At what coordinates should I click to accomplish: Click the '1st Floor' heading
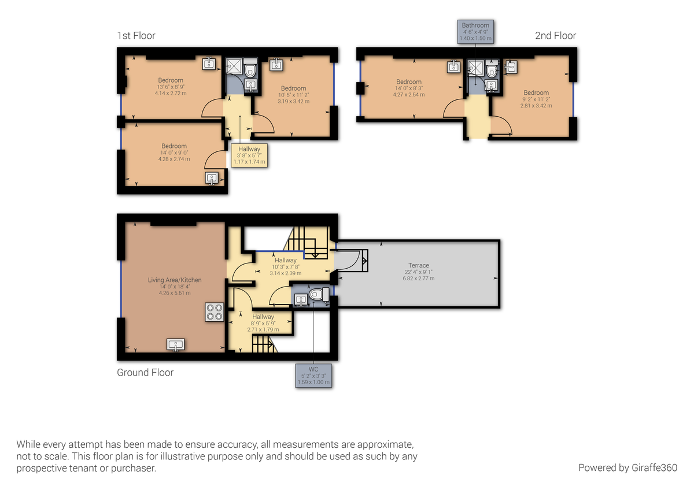[x=136, y=36]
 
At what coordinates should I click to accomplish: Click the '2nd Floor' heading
[x=555, y=36]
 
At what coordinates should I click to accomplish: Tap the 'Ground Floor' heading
[x=145, y=373]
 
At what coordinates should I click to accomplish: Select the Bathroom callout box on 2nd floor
[x=475, y=32]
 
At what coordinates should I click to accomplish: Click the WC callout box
[x=314, y=376]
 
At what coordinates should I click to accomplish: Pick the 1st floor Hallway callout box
[x=250, y=155]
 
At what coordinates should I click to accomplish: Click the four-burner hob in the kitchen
[x=213, y=313]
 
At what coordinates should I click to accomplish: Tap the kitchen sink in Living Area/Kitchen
[x=176, y=345]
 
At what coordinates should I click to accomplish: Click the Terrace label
[x=418, y=265]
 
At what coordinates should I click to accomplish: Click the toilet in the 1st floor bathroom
[x=250, y=70]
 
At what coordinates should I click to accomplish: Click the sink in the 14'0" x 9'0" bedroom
[x=212, y=179]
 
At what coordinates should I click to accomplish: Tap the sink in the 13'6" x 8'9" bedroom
[x=209, y=64]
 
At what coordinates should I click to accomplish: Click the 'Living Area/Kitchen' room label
[x=175, y=280]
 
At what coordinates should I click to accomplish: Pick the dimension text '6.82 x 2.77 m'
[x=418, y=278]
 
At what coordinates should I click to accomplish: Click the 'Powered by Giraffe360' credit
[x=627, y=467]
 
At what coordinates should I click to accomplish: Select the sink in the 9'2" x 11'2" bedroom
[x=511, y=67]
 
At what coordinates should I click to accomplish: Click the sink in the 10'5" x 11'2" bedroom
[x=277, y=64]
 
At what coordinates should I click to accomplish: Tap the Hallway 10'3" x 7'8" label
[x=286, y=261]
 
